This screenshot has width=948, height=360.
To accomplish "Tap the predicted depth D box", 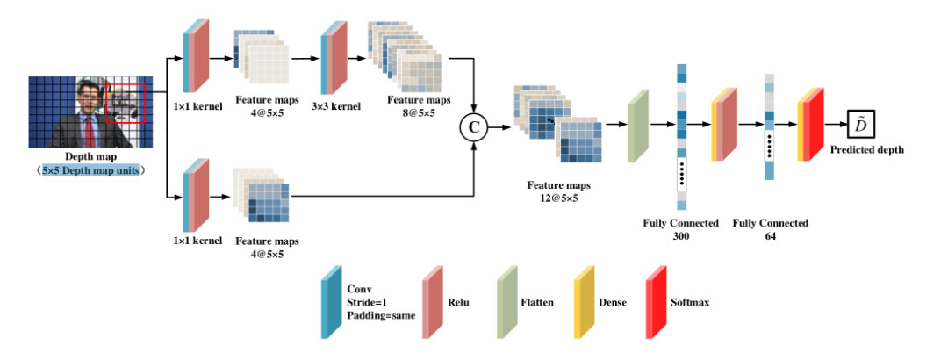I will pyautogui.click(x=861, y=125).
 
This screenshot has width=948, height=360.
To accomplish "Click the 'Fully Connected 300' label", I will pyautogui.click(x=680, y=230).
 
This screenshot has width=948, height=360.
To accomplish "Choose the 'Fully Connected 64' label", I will pyautogui.click(x=770, y=230).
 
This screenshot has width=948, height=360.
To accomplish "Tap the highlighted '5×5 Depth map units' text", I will pyautogui.click(x=89, y=170).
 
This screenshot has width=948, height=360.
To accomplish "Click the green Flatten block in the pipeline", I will pyautogui.click(x=638, y=130).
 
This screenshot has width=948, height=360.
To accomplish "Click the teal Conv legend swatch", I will pyautogui.click(x=331, y=304).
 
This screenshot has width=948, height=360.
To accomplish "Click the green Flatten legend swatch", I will pyautogui.click(x=507, y=303).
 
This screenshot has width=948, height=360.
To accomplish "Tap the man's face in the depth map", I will pyautogui.click(x=88, y=92).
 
